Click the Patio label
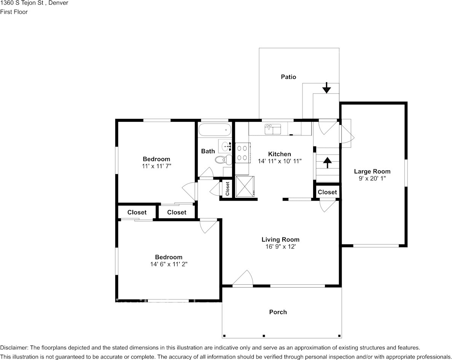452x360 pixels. [x=288, y=77]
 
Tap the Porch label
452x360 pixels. [x=278, y=312]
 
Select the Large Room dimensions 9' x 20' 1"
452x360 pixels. [x=372, y=178]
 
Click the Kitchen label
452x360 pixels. [x=280, y=154]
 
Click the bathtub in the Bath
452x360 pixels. [x=215, y=130]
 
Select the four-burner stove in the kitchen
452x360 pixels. [x=242, y=153]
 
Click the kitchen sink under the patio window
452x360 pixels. [x=273, y=129]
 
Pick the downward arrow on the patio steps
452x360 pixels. [x=326, y=88]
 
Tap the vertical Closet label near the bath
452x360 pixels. [x=228, y=188]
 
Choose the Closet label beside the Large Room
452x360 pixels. [x=327, y=192]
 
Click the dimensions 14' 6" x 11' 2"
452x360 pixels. [x=169, y=264]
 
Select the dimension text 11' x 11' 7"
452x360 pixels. [x=156, y=166]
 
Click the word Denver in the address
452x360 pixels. [x=59, y=3]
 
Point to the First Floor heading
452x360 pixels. [x=14, y=12]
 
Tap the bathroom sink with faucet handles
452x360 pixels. [x=225, y=147]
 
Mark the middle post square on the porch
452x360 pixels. [x=264, y=336]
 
